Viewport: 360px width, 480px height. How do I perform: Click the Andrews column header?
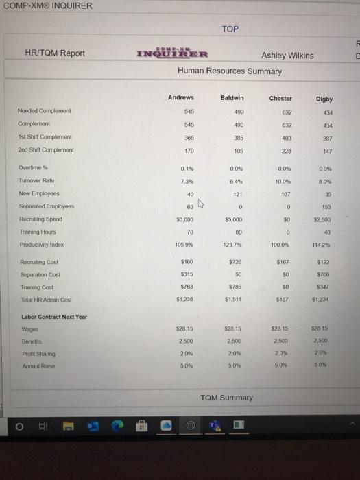click(181, 97)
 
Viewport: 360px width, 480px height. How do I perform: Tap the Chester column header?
click(280, 98)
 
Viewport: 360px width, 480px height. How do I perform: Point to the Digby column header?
click(324, 99)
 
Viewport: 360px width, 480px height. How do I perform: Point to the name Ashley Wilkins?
click(287, 56)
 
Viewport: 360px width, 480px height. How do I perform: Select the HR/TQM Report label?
click(54, 53)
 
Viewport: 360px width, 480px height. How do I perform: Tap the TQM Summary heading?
click(227, 397)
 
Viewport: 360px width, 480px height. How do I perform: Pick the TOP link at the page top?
click(230, 29)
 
